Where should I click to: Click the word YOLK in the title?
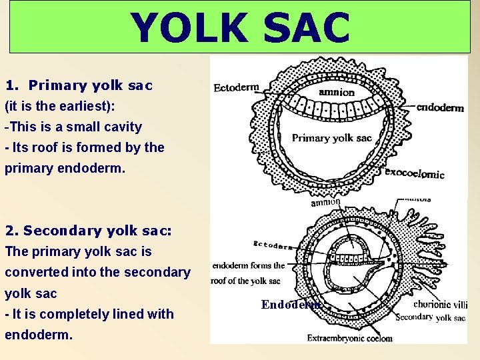pos(186,28)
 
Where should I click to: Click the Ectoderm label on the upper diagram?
pos(237,87)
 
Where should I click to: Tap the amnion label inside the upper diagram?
pos(337,92)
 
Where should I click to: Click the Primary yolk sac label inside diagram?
pos(331,138)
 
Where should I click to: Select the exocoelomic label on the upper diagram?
pos(415,174)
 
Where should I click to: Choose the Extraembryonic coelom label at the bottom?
pos(349,338)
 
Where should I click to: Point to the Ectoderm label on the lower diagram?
pos(272,245)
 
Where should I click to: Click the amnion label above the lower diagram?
pos(325,201)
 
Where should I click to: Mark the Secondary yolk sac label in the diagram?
pos(430,317)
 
